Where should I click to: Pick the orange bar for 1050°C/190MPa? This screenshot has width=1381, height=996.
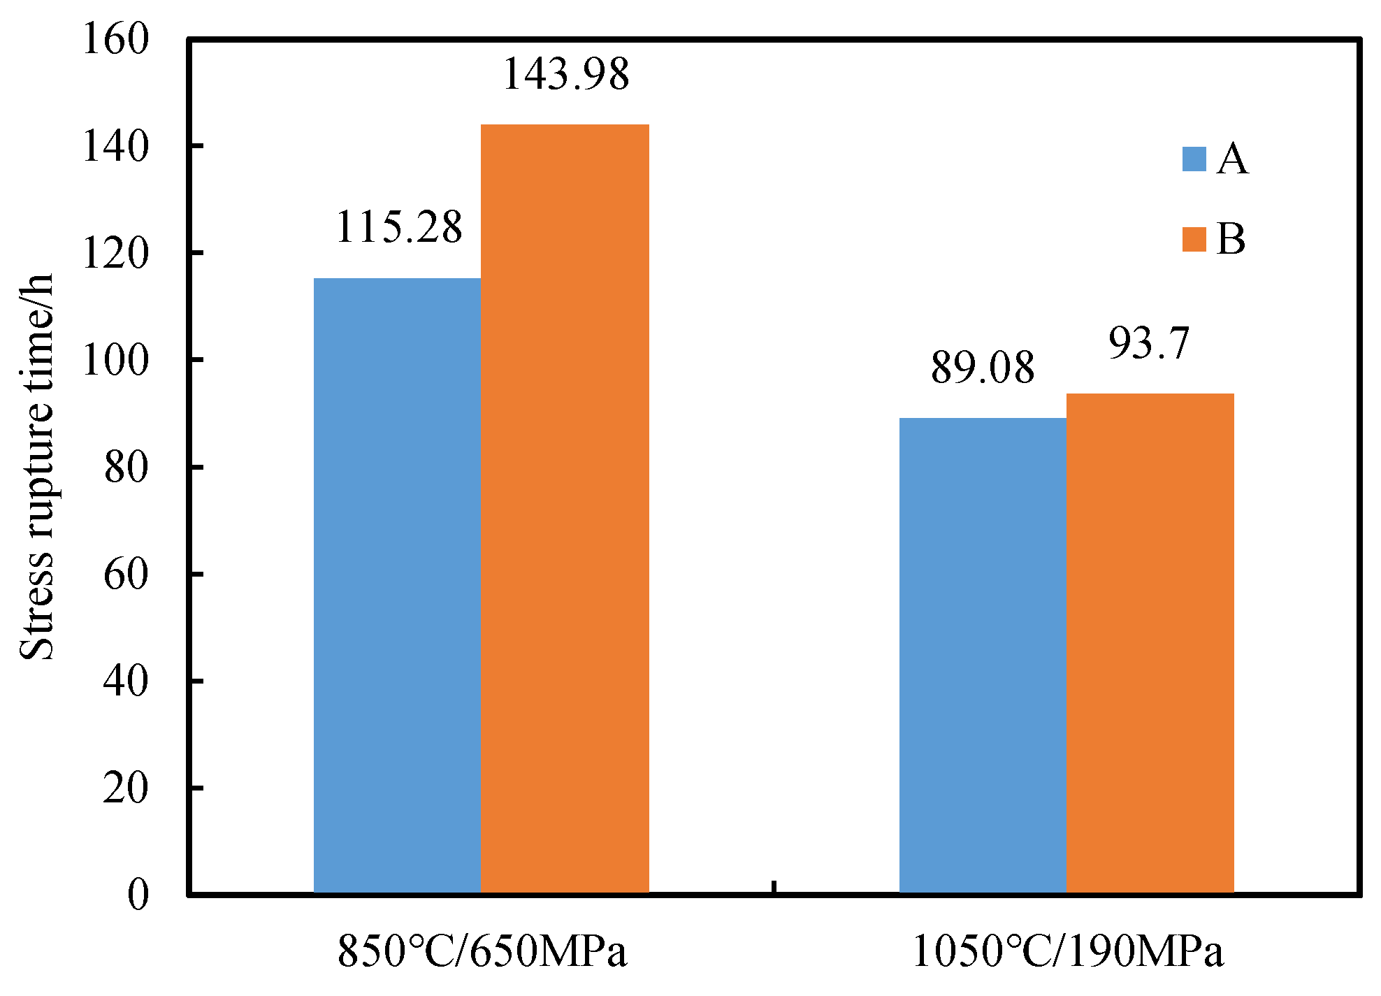[x=1150, y=643]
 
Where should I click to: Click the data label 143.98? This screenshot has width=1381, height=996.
[x=565, y=74]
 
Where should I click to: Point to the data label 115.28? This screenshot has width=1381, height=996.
[x=398, y=228]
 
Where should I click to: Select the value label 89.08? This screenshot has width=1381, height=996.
[x=982, y=368]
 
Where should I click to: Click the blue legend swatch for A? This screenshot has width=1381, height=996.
[x=1194, y=159]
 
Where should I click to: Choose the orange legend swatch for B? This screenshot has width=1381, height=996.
[x=1194, y=239]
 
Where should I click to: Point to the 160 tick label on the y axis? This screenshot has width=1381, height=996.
[x=116, y=39]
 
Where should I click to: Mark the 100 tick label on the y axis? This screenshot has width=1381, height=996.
[x=116, y=361]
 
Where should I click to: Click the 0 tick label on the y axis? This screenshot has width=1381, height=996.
[x=138, y=895]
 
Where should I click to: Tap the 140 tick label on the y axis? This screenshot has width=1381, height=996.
[x=116, y=147]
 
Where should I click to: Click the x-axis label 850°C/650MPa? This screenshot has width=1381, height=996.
[x=482, y=952]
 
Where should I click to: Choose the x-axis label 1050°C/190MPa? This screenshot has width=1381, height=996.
[x=1068, y=952]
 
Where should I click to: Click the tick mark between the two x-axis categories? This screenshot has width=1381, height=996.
[x=774, y=887]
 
